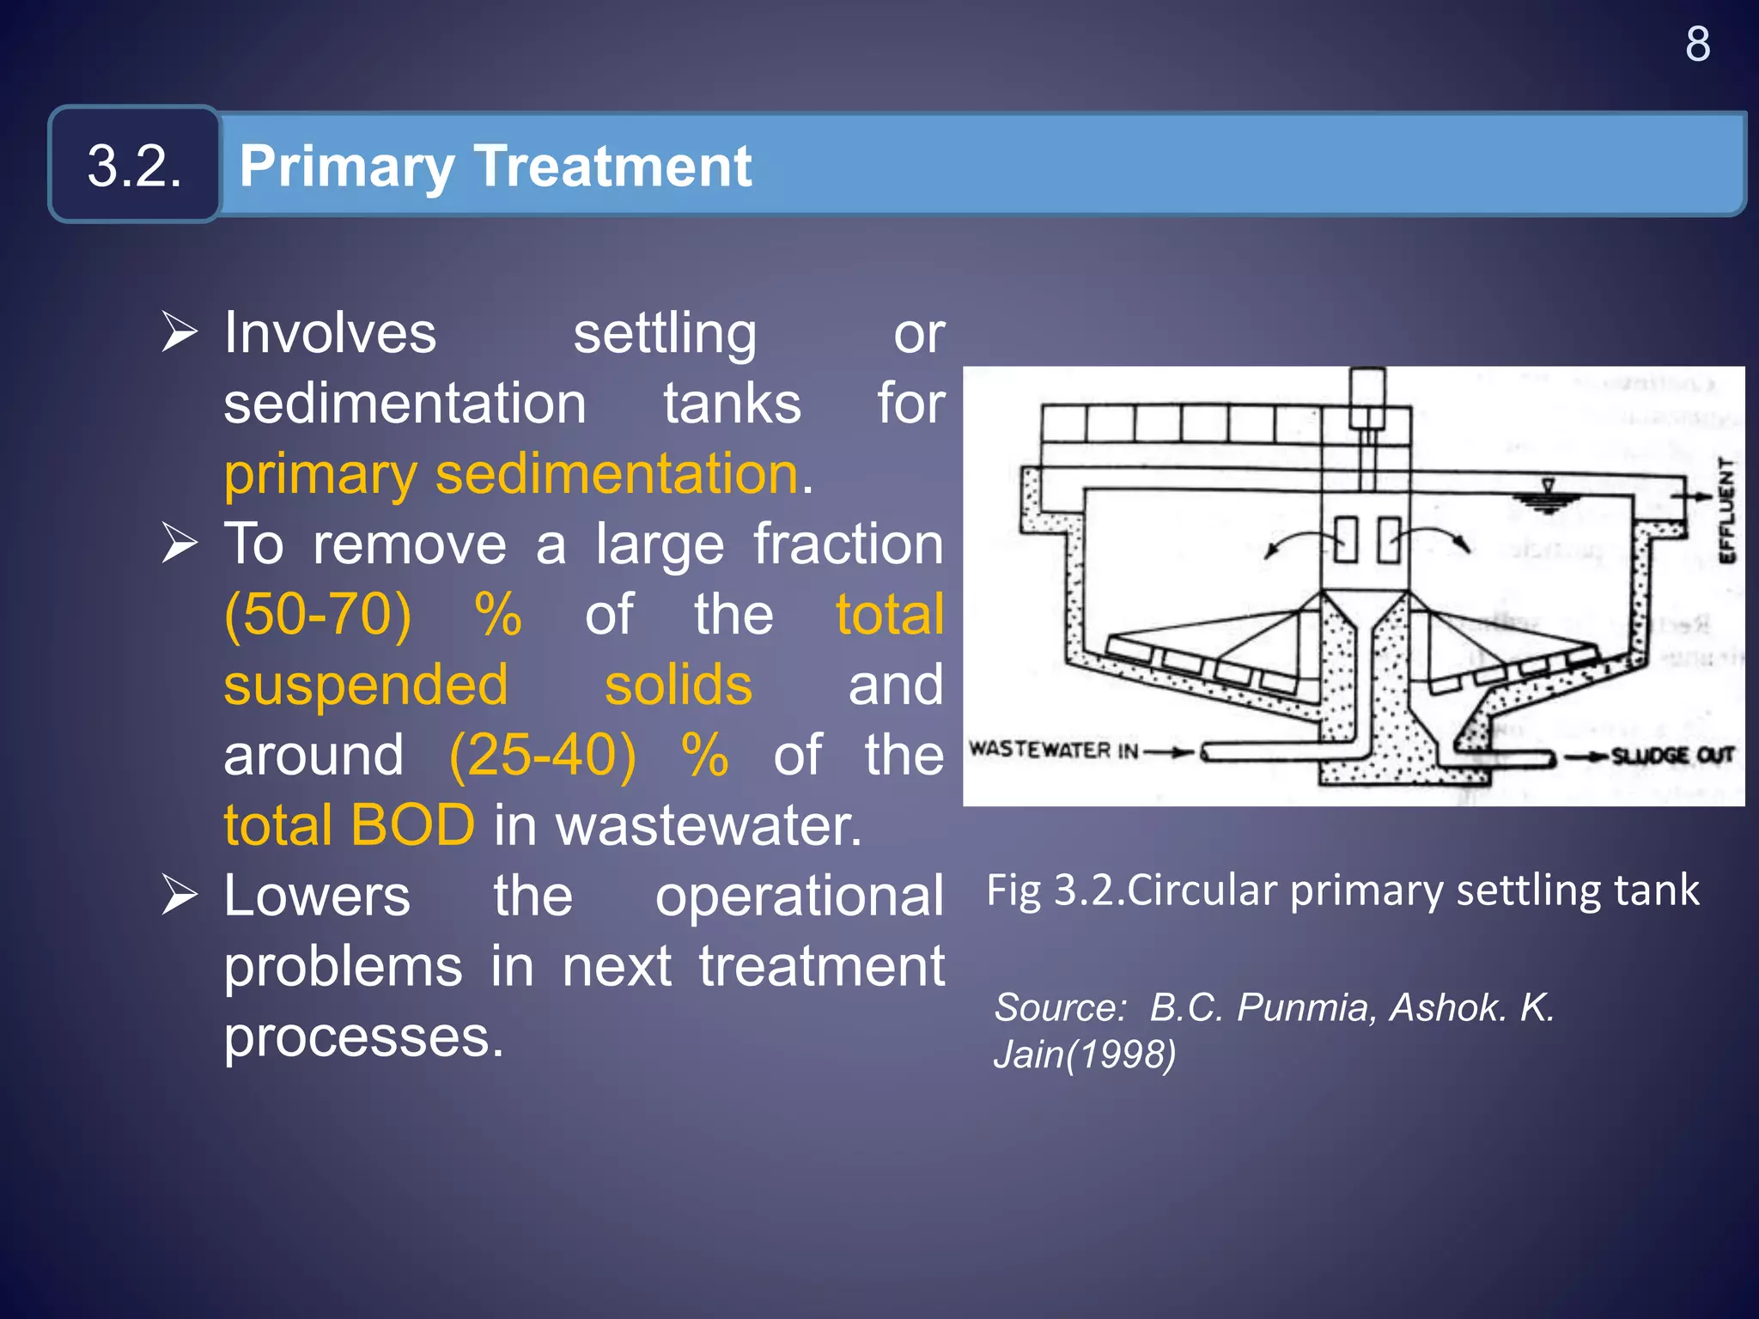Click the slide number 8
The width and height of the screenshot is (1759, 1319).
(1697, 44)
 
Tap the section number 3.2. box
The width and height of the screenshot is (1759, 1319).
(135, 165)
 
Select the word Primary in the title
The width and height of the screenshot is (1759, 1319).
(346, 167)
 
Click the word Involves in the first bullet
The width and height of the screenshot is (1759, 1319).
(330, 333)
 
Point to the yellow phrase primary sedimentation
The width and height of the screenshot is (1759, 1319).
(512, 474)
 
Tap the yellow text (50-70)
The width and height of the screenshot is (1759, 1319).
(318, 615)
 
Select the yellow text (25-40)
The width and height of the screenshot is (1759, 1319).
(543, 756)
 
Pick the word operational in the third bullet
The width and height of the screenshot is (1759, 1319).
(799, 897)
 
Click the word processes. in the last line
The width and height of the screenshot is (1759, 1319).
(363, 1037)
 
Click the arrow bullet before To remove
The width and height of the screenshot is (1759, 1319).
(180, 543)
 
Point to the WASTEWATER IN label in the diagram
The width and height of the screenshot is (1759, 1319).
(1054, 750)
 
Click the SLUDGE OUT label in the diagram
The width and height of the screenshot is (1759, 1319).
(1672, 756)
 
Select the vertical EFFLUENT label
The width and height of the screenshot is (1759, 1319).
(1726, 510)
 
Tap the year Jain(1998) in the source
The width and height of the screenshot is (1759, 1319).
(1085, 1055)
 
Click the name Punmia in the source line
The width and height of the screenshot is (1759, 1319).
(1306, 1007)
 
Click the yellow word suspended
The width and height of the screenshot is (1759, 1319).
(366, 685)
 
